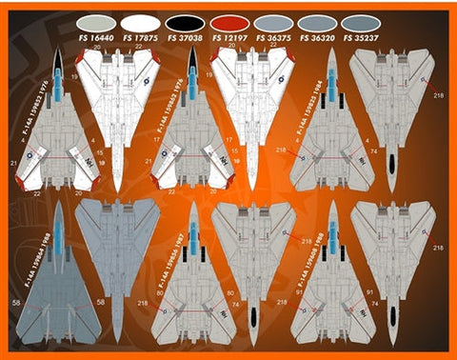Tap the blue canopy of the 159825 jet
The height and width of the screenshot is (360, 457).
[331, 90]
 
